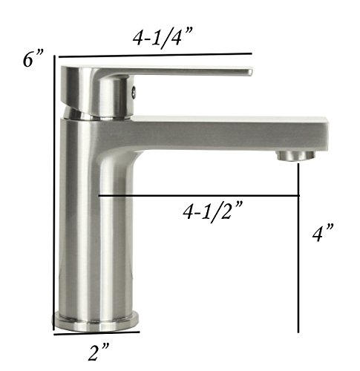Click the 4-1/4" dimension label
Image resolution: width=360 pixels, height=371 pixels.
click(x=163, y=38)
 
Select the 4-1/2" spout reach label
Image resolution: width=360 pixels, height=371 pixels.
click(x=212, y=211)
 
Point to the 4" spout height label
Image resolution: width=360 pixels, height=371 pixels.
click(x=323, y=233)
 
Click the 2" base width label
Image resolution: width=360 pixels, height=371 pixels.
click(x=98, y=352)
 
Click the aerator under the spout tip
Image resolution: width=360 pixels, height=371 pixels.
click(x=296, y=156)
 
